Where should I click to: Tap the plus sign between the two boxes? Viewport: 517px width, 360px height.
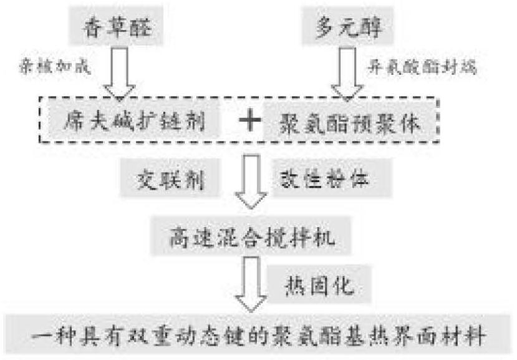248,120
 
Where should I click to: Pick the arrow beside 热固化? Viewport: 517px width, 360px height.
249,285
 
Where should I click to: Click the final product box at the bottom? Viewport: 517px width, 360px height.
258,338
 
